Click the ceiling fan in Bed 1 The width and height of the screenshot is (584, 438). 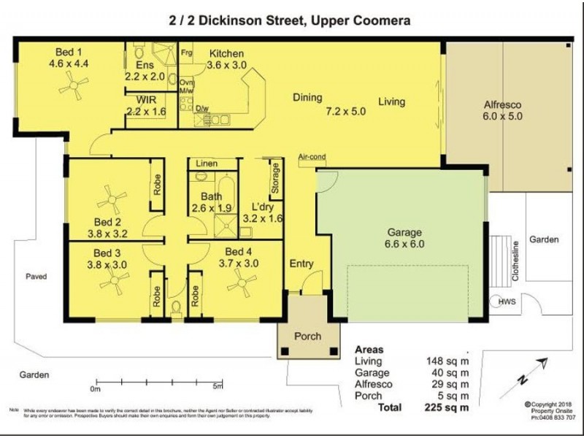click(x=74, y=88)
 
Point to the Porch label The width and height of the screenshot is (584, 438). click(x=308, y=337)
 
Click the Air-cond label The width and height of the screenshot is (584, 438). click(x=311, y=157)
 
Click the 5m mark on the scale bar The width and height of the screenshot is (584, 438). click(x=217, y=387)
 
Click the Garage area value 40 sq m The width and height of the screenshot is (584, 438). click(x=447, y=372)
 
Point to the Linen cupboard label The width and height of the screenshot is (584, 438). click(x=206, y=165)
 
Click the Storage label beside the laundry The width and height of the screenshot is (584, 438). click(x=275, y=178)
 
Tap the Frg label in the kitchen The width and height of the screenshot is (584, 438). click(x=186, y=53)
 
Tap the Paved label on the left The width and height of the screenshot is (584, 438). click(x=36, y=277)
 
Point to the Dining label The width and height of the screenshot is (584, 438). click(x=307, y=97)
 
